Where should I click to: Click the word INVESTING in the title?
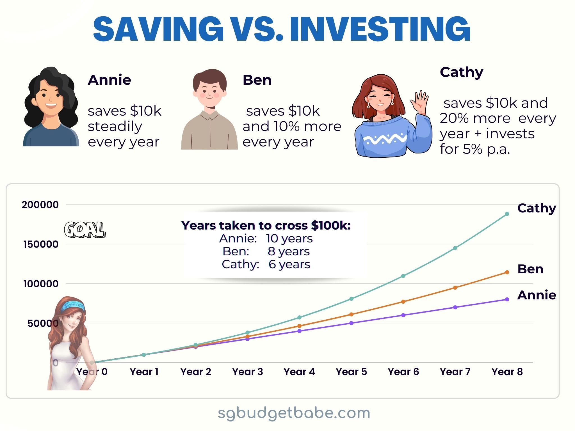(x=380, y=29)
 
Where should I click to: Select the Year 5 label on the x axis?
(x=351, y=372)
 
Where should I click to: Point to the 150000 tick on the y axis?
(x=41, y=244)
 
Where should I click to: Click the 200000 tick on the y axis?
(x=40, y=205)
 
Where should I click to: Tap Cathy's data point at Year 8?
(x=507, y=214)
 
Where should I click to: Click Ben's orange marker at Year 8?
(x=507, y=272)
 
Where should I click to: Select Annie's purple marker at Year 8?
(x=507, y=299)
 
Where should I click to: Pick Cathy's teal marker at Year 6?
(x=403, y=276)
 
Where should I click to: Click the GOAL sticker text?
(x=85, y=230)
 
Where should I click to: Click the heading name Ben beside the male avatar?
(x=257, y=80)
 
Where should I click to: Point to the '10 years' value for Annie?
(x=289, y=239)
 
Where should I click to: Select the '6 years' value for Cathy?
(x=289, y=264)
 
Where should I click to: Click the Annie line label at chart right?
(x=537, y=295)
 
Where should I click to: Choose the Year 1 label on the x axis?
(x=144, y=372)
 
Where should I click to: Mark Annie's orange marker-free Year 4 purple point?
(x=299, y=331)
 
